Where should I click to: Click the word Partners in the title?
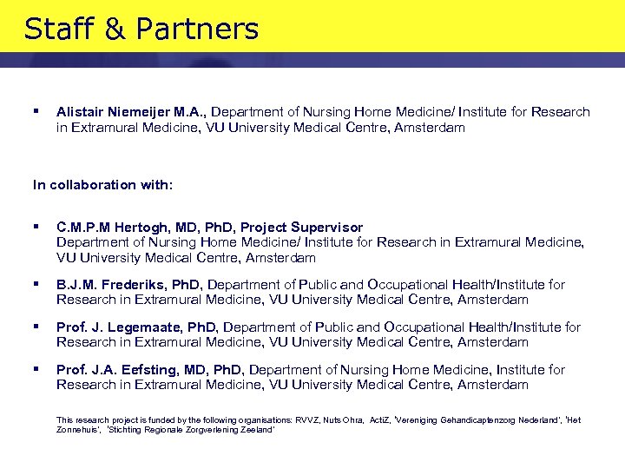pyautogui.click(x=208, y=30)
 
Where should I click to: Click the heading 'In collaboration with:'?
pyautogui.click(x=102, y=185)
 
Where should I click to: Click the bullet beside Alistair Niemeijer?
pyautogui.click(x=36, y=111)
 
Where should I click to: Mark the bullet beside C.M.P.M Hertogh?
pyautogui.click(x=36, y=227)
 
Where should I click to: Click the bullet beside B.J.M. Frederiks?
pyautogui.click(x=36, y=283)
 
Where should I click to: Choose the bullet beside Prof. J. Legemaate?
pyautogui.click(x=36, y=326)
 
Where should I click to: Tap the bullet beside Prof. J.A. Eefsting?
pyautogui.click(x=36, y=368)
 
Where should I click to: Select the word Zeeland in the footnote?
pyautogui.click(x=257, y=430)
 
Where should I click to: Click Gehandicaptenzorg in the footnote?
pyautogui.click(x=469, y=420)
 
